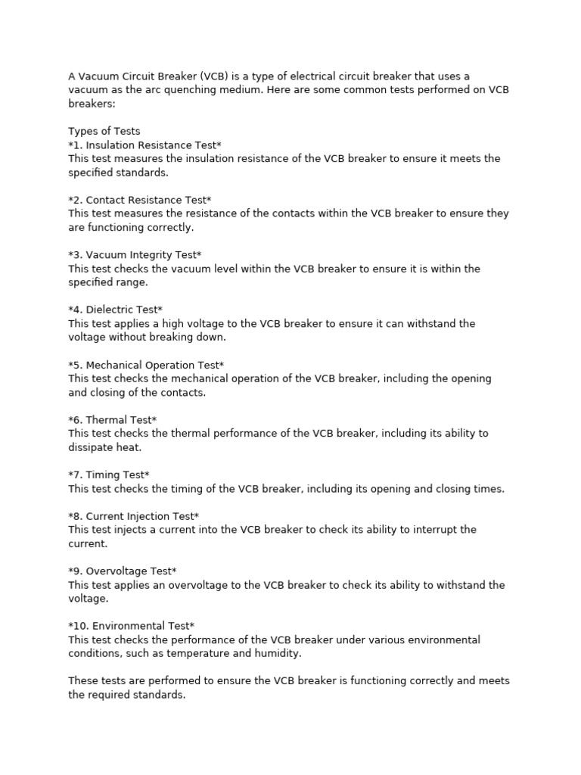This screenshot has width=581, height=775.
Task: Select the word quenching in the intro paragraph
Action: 190,89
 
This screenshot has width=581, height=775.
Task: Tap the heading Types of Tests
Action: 104,131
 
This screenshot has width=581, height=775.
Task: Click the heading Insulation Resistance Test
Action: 144,145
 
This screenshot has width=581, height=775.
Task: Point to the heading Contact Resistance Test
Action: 140,200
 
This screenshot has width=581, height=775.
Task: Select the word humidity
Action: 279,653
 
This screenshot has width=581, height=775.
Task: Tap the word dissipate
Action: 92,447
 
